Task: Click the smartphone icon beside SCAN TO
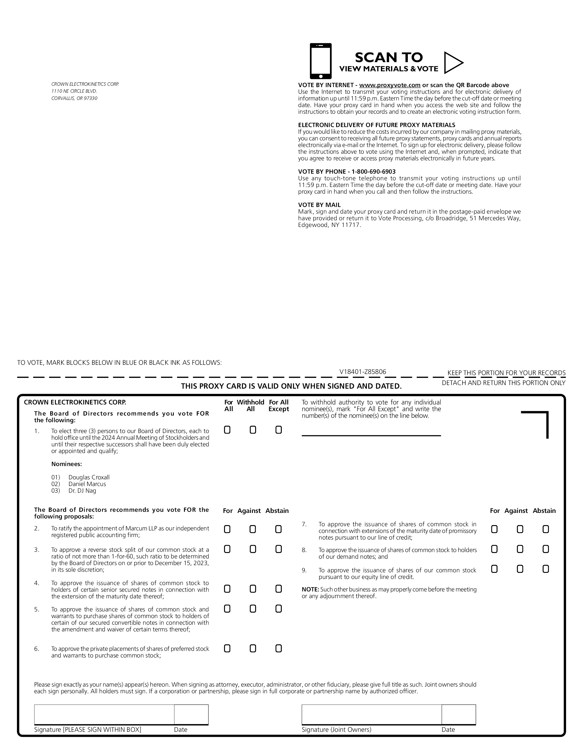click(x=320, y=61)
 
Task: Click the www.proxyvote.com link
click(x=389, y=85)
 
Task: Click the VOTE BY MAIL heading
click(x=319, y=205)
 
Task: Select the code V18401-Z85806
click(x=363, y=372)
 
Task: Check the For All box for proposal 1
click(x=227, y=430)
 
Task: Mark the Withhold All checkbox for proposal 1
click(x=253, y=430)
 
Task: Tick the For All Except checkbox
click(x=278, y=430)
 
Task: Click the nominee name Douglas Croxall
click(x=89, y=477)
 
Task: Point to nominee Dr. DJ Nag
click(x=82, y=490)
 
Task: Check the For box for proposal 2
click(x=227, y=529)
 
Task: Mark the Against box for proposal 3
click(x=253, y=549)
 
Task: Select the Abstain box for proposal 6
click(x=278, y=649)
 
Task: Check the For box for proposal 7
click(x=494, y=529)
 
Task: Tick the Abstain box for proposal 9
click(x=546, y=569)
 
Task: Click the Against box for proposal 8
click(x=520, y=549)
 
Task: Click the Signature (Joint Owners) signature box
click(x=371, y=714)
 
